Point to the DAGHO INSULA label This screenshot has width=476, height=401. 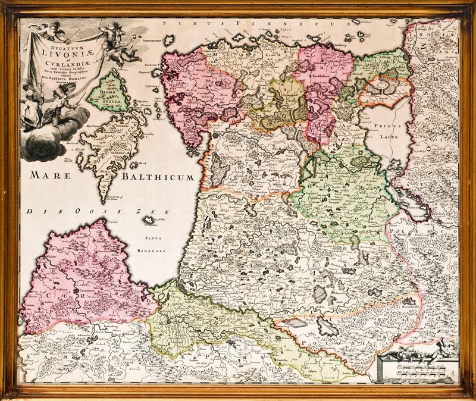108,93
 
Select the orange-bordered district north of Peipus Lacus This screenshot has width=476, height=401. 386,91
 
